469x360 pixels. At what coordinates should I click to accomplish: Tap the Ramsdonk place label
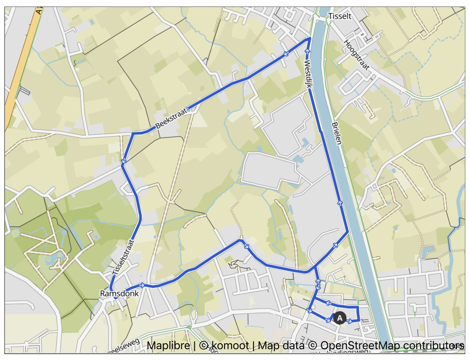(x=119, y=294)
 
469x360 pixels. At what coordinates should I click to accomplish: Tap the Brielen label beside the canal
(x=337, y=132)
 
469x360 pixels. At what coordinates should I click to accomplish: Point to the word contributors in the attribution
(x=433, y=346)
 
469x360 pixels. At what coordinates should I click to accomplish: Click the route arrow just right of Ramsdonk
(x=142, y=285)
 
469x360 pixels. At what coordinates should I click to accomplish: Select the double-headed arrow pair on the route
(x=318, y=284)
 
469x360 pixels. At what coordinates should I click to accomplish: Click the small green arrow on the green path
(x=189, y=327)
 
